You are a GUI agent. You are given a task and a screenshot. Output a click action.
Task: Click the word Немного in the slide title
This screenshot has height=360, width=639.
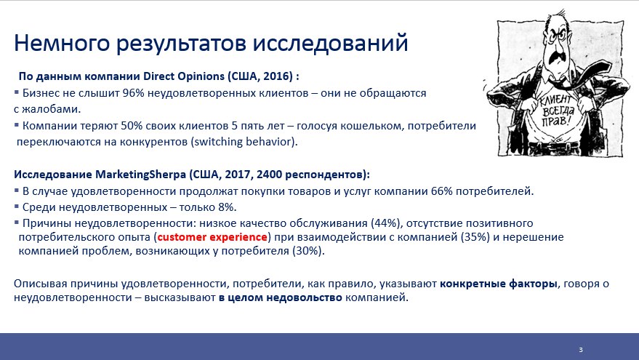62,43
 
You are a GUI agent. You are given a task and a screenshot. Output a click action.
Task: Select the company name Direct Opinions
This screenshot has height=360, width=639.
184,76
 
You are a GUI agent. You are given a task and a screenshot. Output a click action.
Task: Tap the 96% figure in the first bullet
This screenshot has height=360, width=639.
133,93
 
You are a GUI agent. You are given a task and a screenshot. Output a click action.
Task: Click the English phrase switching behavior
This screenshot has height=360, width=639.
244,142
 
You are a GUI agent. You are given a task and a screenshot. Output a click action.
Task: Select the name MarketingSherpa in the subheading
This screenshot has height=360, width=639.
140,175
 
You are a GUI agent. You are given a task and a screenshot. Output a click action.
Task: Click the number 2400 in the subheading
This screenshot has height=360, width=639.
269,175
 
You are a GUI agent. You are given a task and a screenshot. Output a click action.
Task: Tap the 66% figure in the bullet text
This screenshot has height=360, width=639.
442,191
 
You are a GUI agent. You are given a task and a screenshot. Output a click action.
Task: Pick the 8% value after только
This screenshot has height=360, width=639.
226,207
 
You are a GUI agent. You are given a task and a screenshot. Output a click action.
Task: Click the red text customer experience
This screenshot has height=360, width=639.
212,237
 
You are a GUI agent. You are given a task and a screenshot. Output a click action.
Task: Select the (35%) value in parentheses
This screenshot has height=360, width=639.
475,237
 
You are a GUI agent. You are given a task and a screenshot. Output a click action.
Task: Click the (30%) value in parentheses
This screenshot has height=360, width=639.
308,251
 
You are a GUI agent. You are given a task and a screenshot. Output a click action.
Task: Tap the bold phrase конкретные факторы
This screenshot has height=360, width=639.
499,284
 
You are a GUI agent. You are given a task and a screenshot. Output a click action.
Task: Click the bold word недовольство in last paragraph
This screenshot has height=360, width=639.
304,297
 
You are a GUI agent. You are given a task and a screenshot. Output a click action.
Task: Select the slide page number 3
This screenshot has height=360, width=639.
581,350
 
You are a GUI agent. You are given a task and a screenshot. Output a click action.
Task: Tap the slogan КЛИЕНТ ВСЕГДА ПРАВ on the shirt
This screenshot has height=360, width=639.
557,109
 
